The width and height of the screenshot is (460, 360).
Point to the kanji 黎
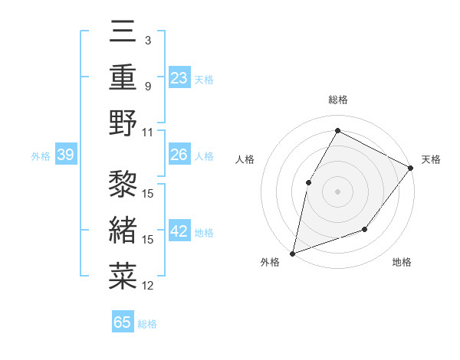(x=123, y=183)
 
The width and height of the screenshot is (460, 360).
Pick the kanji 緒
(x=123, y=229)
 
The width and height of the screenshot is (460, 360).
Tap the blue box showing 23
(x=179, y=77)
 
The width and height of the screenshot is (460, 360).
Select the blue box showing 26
(x=179, y=155)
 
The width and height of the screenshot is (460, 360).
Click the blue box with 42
(x=179, y=231)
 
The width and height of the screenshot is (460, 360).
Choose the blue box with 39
(x=65, y=155)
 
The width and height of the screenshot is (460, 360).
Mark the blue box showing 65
(x=123, y=322)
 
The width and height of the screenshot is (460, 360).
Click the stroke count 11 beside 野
(x=148, y=132)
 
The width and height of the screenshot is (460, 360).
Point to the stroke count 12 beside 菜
(x=148, y=286)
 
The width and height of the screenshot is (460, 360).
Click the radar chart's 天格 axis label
(x=431, y=159)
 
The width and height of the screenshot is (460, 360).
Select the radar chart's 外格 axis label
(x=270, y=262)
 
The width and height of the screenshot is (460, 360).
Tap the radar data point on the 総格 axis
(x=337, y=130)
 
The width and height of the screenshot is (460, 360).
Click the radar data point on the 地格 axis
(x=365, y=229)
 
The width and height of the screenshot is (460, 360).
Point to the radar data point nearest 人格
(x=308, y=182)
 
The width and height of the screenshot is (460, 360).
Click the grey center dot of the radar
(x=337, y=191)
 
